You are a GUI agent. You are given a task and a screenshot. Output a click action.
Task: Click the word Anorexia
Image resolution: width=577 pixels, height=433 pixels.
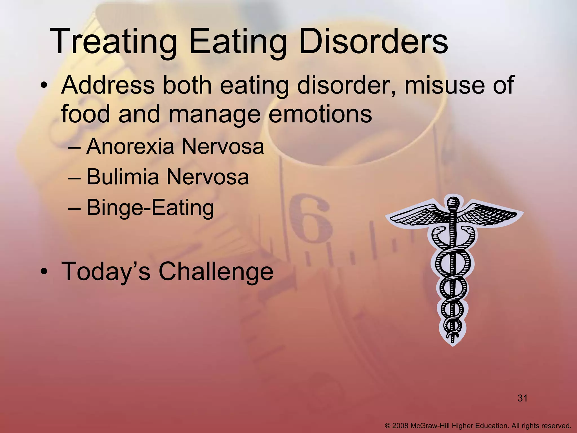[x=130, y=147]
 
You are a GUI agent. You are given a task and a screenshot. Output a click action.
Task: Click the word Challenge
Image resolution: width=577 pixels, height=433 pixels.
[x=216, y=271]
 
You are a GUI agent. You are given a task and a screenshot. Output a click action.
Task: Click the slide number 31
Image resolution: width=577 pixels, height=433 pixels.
[x=522, y=398]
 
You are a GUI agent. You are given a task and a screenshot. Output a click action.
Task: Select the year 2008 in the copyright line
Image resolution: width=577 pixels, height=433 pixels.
[x=400, y=425]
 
